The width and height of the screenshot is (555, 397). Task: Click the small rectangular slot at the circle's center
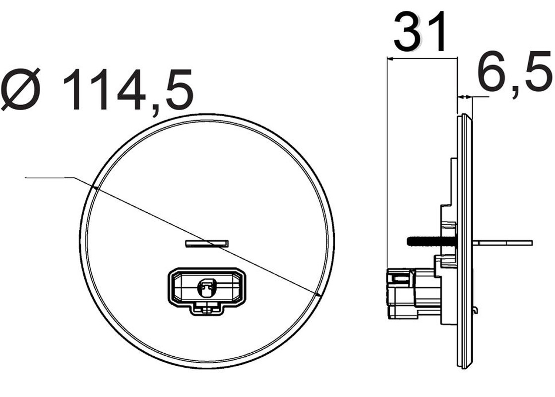[x=207, y=243]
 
